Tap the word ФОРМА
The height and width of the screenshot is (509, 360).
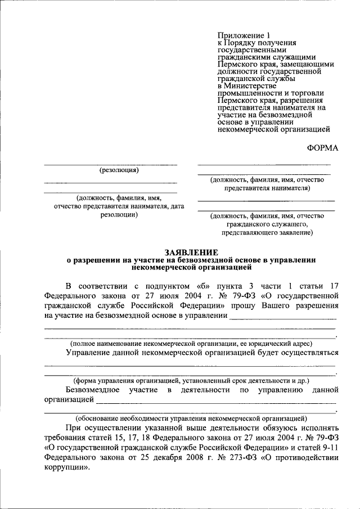pos(322,147)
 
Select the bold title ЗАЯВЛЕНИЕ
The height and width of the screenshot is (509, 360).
pos(191,253)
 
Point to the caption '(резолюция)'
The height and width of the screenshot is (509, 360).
pos(119,170)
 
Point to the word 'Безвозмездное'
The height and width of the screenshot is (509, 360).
pos(92,389)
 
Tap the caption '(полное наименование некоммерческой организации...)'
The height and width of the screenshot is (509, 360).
pos(191,343)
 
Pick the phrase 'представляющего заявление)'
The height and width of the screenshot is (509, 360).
pos(267,232)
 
